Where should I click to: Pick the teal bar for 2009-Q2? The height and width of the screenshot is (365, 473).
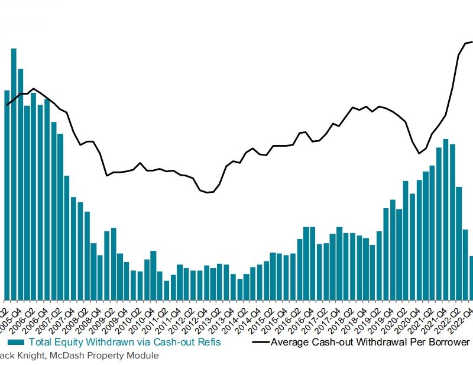point(114,263)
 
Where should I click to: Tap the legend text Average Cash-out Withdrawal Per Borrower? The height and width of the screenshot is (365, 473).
point(370,342)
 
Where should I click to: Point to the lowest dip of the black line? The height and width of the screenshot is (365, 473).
point(207,192)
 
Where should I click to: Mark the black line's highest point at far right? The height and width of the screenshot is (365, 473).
point(471,42)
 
